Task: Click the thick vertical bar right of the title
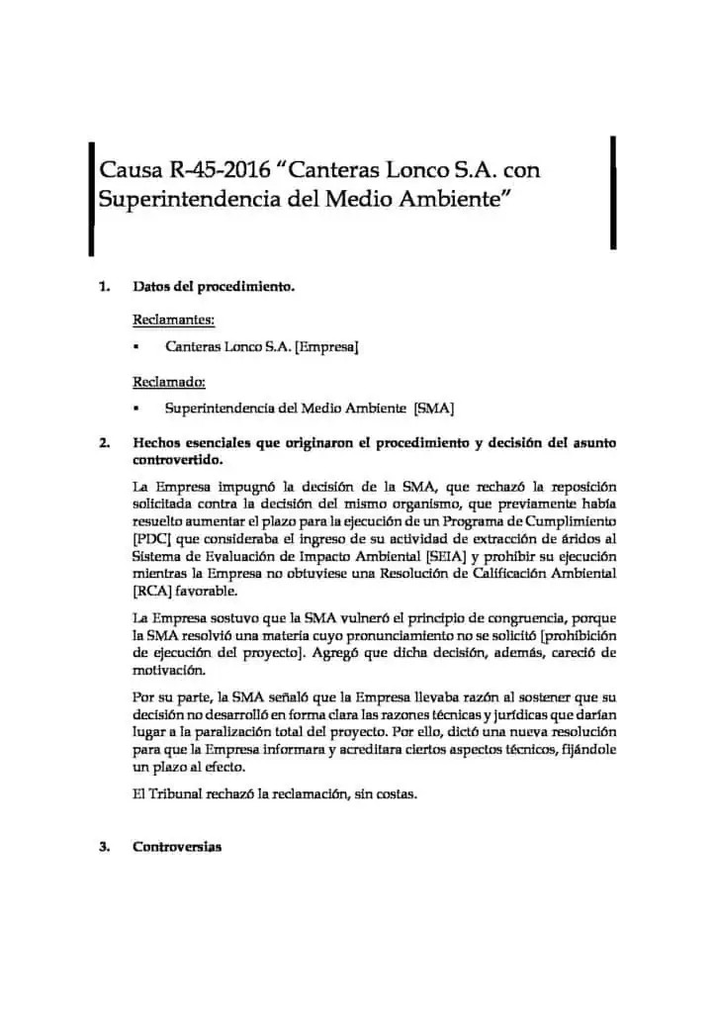pyautogui.click(x=614, y=193)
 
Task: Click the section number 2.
pyautogui.click(x=104, y=443)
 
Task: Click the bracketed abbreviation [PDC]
pyautogui.click(x=151, y=538)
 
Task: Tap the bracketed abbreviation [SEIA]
pyautogui.click(x=426, y=556)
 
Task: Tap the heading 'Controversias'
pyautogui.click(x=177, y=848)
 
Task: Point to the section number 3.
pyautogui.click(x=104, y=848)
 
